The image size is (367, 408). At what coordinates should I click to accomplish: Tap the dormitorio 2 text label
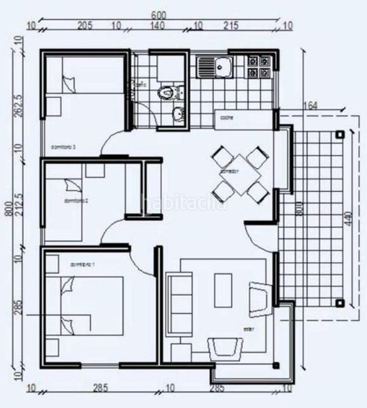pos(77,201)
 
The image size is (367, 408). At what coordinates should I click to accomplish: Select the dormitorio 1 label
pos(82,264)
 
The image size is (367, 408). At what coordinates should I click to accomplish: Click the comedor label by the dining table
pos(227,172)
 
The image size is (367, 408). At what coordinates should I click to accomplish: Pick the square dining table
pos(237,174)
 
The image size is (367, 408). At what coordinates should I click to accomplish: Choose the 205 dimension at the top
pos(84,27)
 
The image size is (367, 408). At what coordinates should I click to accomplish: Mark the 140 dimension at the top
pos(158,27)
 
